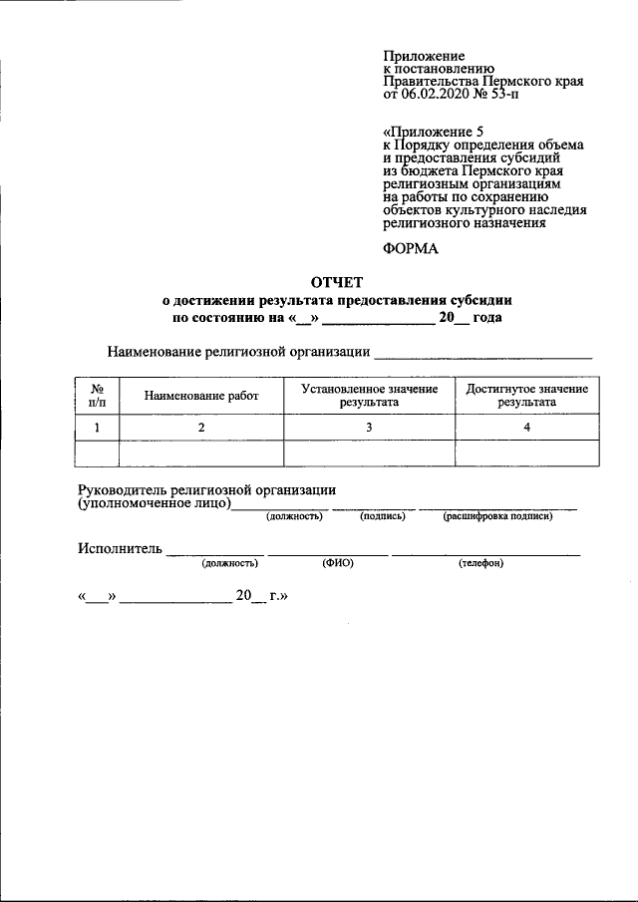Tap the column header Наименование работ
[x=201, y=396]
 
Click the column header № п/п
[x=98, y=395]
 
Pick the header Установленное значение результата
[x=369, y=395]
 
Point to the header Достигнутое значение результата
[x=526, y=395]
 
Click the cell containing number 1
[x=98, y=427]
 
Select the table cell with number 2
[x=201, y=427]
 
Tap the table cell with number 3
[x=369, y=427]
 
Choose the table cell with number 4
[x=526, y=427]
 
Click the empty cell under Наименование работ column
[x=201, y=452]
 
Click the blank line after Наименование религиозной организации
[x=482, y=354]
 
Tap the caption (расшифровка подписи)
[x=497, y=516]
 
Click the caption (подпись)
[x=382, y=516]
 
